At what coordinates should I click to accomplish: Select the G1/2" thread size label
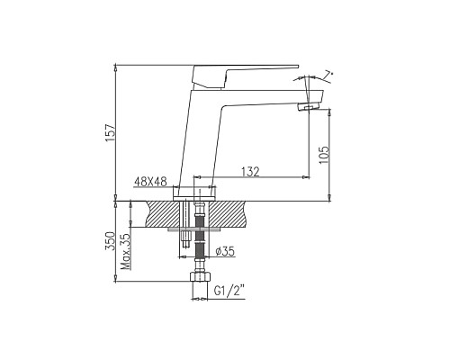pos(230,291)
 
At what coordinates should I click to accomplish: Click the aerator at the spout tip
pos(308,109)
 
